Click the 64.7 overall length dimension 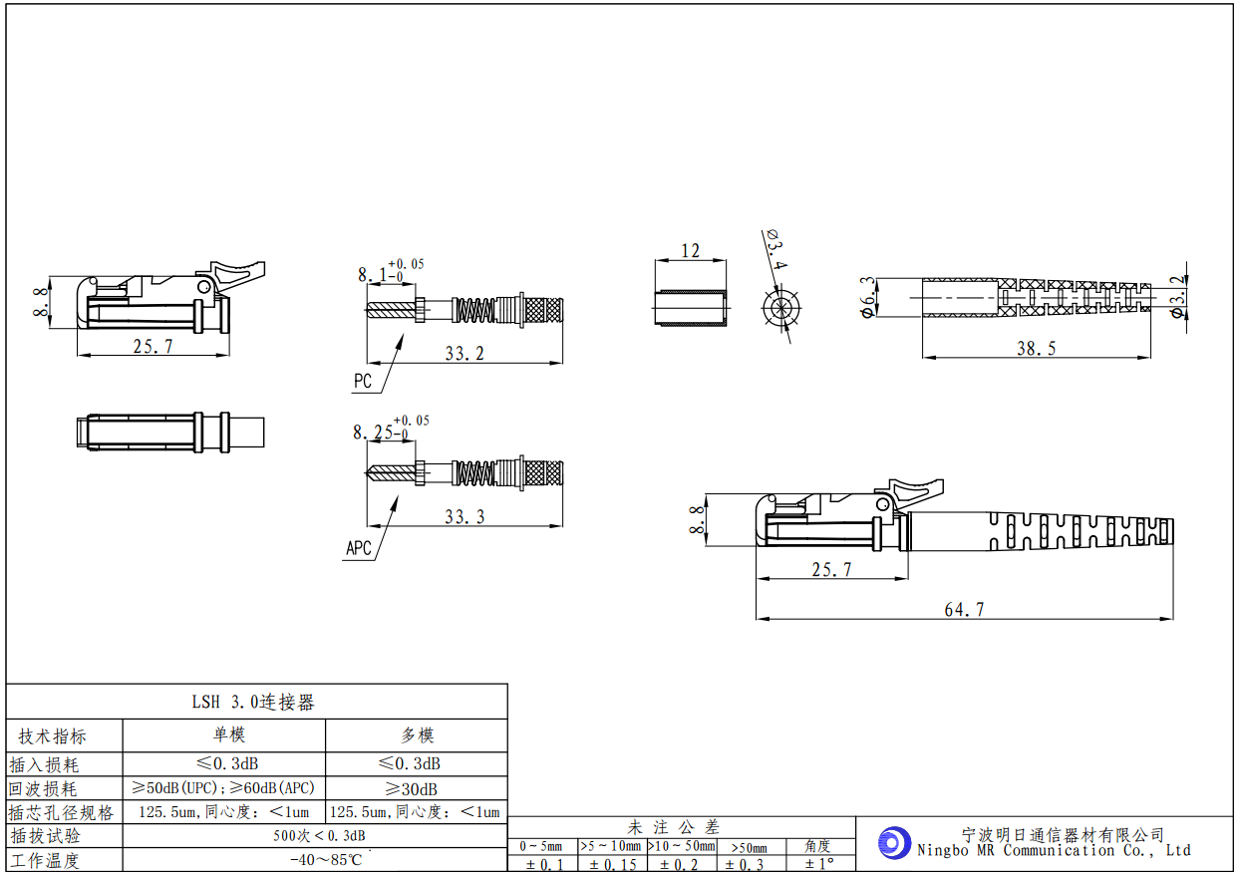coord(963,610)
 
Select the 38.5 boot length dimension coord(1036,348)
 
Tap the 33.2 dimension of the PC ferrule coord(464,353)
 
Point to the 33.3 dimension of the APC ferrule coord(464,516)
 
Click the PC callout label coord(362,382)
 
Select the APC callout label coord(358,547)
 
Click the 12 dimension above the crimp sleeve coord(690,251)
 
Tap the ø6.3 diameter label coord(868,297)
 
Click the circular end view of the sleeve coord(781,308)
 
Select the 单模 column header coord(228,735)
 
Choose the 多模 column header coord(417,735)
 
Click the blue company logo coord(894,842)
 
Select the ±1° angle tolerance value coord(818,864)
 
